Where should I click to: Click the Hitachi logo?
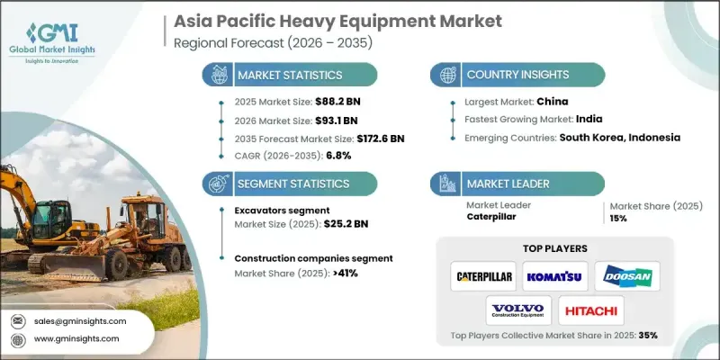click(591, 310)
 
